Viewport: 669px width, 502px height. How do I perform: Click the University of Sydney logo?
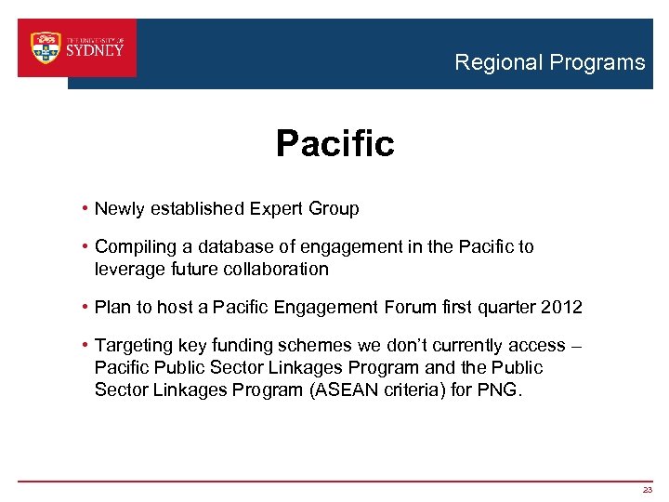click(77, 48)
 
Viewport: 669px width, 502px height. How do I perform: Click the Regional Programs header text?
click(549, 63)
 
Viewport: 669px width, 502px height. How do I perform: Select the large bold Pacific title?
click(334, 144)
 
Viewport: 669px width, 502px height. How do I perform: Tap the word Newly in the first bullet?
click(119, 209)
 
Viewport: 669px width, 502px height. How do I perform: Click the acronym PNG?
click(501, 390)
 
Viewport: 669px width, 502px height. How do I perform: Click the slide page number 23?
click(647, 490)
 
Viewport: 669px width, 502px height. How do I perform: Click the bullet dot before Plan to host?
click(85, 308)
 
